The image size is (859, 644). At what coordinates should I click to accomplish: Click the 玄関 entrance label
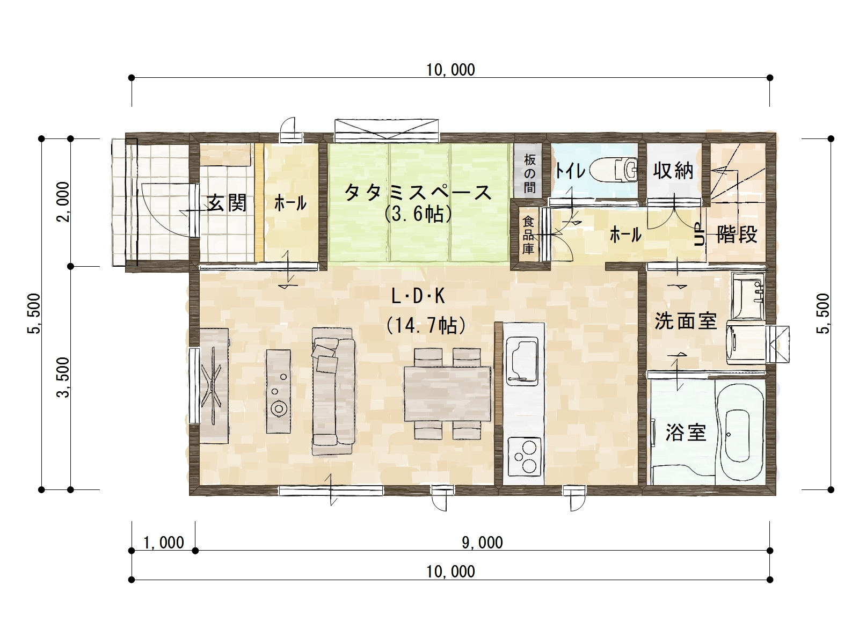coord(227,203)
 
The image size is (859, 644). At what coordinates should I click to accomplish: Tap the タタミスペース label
coord(418,193)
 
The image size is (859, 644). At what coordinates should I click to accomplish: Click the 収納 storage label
coord(673,171)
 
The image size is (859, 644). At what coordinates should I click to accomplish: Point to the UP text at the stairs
coord(699,234)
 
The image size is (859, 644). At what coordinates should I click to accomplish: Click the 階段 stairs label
coord(737,235)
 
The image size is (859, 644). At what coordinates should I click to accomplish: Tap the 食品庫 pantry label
coord(528,236)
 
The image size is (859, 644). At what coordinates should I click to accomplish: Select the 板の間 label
coord(529,173)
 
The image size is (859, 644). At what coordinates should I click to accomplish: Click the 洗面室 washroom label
coord(686,321)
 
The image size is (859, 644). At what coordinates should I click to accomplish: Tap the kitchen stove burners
coord(524,456)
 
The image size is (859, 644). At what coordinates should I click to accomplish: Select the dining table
coord(447,393)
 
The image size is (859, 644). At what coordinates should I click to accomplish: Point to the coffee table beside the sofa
coord(278,391)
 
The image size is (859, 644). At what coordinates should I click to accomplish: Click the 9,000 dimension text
coord(482,543)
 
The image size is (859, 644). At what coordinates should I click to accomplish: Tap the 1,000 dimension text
coord(164,543)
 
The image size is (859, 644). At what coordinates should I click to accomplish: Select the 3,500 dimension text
coord(63,377)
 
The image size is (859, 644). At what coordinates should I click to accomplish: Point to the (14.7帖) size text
coord(426,325)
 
